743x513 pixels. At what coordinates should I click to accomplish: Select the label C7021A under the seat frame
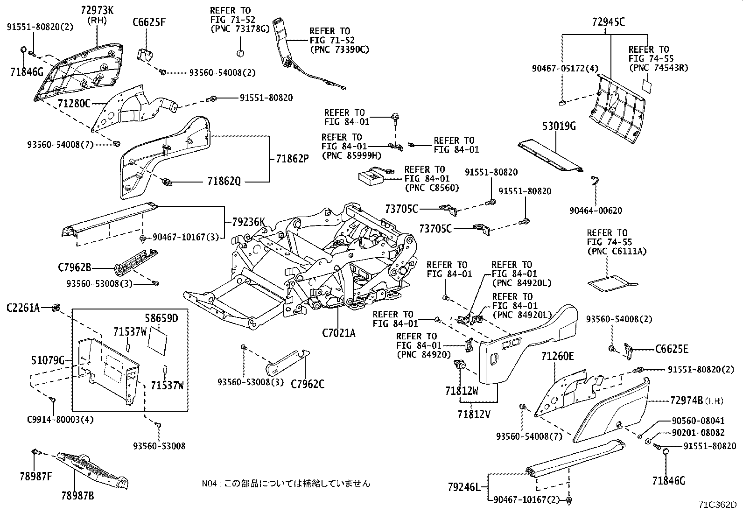[x=338, y=333]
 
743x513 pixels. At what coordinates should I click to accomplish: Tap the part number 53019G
[x=559, y=126]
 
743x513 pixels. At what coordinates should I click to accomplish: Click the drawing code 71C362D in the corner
[x=717, y=505]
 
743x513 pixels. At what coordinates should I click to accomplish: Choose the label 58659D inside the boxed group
[x=161, y=319]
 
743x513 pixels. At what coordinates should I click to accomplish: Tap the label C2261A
[x=23, y=308]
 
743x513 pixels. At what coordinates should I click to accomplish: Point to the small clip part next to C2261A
[x=56, y=307]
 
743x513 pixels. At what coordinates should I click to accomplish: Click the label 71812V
[x=474, y=414]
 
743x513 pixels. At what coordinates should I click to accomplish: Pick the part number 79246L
[x=464, y=487]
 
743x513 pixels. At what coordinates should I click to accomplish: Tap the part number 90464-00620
[x=596, y=211]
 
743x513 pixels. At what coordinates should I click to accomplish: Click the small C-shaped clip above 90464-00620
[x=595, y=182]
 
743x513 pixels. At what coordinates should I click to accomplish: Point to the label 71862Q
[x=224, y=181]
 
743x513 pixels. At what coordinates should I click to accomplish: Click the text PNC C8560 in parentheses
[x=432, y=188]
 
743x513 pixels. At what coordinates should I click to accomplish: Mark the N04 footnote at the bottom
[x=286, y=484]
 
